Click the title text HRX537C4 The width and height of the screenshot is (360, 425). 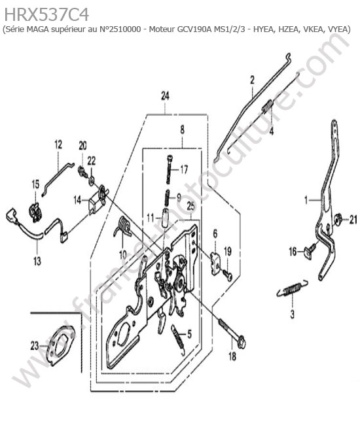(46, 14)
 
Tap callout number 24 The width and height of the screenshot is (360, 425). (165, 95)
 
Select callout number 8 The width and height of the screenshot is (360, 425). (182, 129)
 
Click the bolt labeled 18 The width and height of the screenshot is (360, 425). (232, 333)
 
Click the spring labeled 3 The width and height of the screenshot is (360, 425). (292, 288)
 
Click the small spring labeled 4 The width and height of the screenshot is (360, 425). (268, 105)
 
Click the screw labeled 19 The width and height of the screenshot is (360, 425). (228, 275)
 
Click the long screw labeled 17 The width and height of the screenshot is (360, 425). (169, 169)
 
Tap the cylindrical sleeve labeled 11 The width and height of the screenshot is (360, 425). (166, 217)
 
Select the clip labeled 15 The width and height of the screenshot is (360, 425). (35, 211)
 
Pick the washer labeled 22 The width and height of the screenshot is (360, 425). (92, 180)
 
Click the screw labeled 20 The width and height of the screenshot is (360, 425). (82, 171)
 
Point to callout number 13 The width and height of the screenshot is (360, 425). (37, 260)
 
